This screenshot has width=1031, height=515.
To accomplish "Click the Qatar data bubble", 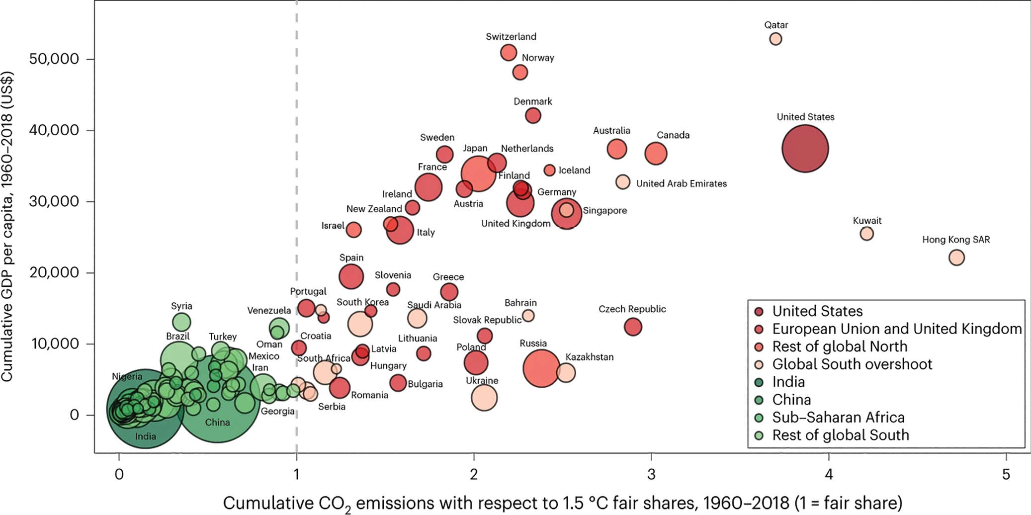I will (775, 39).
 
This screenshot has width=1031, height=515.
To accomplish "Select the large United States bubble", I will (805, 149).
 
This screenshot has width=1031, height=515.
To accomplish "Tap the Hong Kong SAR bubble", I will (956, 257).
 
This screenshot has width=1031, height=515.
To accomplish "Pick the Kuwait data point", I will (866, 234).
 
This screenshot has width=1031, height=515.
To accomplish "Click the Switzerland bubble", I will (509, 52).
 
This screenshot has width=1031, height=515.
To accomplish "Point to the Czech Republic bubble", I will (633, 327).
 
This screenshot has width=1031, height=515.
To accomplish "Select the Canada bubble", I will (656, 153).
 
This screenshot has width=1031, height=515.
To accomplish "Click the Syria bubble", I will (181, 322).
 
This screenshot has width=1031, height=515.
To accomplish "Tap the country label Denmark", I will (532, 101).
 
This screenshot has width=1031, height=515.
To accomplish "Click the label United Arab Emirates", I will (681, 183).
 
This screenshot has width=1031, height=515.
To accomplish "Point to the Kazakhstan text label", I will (589, 357).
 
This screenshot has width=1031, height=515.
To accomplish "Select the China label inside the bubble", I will (217, 423).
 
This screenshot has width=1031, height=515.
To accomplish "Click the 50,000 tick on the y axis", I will (54, 59).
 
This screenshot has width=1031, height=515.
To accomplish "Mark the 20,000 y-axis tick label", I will (54, 272).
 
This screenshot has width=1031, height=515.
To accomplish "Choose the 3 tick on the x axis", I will (651, 474).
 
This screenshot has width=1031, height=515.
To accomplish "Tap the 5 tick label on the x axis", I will (1006, 474).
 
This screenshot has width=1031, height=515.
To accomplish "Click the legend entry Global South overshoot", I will (852, 364).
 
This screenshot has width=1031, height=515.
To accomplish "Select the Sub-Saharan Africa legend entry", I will (838, 417).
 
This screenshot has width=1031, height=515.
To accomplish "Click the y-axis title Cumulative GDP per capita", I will (7, 226).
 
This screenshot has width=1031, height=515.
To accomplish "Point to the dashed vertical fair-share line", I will (297, 149).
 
